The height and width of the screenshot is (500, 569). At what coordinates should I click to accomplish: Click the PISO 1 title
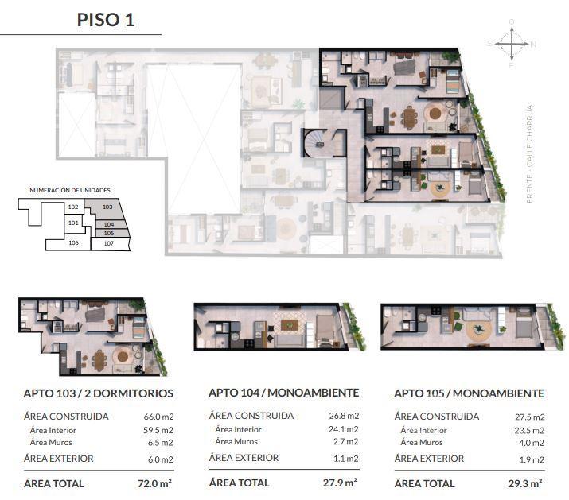coord(106,20)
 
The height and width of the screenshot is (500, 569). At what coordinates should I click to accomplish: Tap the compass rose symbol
coord(512,44)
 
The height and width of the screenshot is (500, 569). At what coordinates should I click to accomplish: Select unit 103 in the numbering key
coord(107,207)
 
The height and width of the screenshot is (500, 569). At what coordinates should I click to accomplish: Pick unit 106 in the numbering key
coord(74,242)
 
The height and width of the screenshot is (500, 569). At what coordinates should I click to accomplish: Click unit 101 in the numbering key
coord(73,223)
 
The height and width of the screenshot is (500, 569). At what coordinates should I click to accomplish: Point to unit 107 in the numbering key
coord(109,244)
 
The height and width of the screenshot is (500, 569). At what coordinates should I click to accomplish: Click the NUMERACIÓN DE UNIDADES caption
coord(70,190)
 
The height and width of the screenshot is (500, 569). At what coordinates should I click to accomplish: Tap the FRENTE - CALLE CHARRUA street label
coord(529,153)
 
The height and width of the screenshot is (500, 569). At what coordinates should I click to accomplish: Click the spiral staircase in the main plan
coord(314,144)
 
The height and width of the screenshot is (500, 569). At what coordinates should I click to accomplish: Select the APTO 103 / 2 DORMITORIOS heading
coord(99,393)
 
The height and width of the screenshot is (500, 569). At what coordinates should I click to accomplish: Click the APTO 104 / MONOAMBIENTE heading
coord(284,393)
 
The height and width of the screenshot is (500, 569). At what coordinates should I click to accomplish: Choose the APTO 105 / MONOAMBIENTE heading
coord(470,393)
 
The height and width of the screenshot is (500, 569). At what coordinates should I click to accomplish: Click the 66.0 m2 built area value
coord(158,417)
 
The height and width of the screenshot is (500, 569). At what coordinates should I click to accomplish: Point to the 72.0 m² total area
coord(154,483)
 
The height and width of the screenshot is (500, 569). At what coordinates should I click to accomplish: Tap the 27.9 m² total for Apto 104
coord(340,483)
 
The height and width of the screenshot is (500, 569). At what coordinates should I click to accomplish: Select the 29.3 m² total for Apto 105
coord(525,483)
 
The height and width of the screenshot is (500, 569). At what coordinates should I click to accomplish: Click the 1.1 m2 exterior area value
coord(346,459)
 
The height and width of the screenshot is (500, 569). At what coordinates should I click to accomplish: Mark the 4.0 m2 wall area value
coord(532,443)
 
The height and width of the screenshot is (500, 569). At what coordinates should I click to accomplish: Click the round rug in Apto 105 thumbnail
coord(479,330)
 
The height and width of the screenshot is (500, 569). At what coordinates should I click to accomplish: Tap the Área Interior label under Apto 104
coord(238,430)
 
